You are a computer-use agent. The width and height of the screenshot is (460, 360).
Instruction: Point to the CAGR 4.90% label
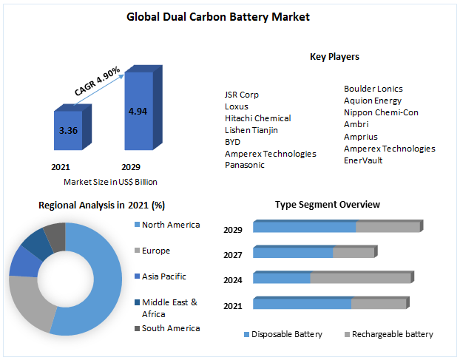(98, 81)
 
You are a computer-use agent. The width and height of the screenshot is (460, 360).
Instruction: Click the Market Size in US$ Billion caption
(110, 182)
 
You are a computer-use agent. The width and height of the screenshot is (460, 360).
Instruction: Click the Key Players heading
(334, 57)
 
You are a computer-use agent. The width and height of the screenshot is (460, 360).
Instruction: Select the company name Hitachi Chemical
(257, 118)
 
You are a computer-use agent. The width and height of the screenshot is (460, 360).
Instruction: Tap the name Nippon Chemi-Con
(381, 112)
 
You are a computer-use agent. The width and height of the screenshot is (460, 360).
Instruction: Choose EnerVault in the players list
(363, 160)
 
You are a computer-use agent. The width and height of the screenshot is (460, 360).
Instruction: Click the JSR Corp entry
(242, 95)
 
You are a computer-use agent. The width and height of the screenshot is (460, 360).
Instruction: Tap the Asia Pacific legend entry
(163, 276)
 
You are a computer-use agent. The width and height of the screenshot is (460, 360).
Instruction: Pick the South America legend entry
(170, 328)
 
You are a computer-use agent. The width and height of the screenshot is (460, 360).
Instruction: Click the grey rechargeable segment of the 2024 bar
(359, 278)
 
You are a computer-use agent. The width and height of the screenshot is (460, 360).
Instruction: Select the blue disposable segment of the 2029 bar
(304, 227)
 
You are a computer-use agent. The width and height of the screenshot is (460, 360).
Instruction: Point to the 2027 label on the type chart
(233, 255)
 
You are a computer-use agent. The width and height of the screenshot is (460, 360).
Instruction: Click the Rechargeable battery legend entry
(392, 334)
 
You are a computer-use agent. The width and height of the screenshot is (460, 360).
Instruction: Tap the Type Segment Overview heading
(328, 204)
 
